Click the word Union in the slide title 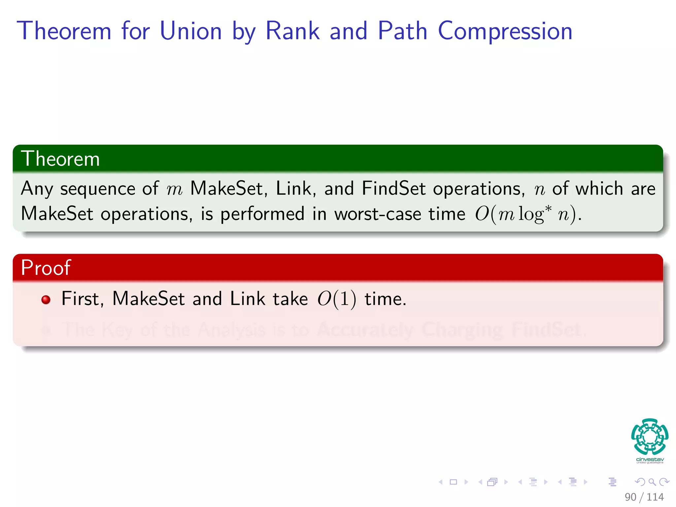[190, 31]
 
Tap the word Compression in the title [505, 32]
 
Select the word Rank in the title [292, 31]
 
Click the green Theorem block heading [60, 159]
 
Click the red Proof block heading [46, 267]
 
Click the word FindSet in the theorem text [393, 188]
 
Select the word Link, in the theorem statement [295, 188]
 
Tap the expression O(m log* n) [527, 214]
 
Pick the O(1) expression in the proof [337, 299]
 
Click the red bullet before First [46, 300]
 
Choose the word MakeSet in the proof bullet [148, 299]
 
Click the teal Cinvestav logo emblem [650, 436]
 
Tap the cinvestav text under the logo [650, 459]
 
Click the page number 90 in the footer [630, 497]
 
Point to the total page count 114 [655, 497]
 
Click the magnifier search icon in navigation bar [652, 482]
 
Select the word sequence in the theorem [97, 189]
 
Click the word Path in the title [402, 31]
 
